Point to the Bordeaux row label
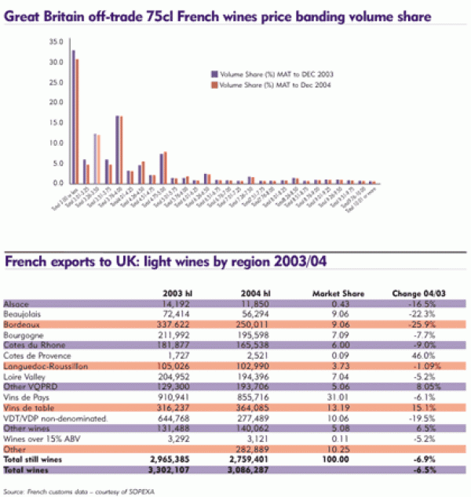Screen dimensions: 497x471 point(21,324)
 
